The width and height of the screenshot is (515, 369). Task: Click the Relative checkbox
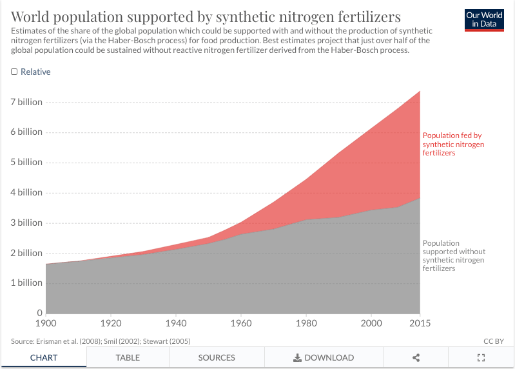pos(14,72)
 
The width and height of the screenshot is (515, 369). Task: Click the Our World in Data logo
pos(484,20)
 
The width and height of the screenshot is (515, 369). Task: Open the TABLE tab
pos(128,357)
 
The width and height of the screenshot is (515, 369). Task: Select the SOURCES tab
pos(217,357)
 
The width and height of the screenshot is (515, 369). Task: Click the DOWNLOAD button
pos(324,357)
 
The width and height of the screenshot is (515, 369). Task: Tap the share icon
pos(416,357)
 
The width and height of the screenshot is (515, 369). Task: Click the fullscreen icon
pos(481,357)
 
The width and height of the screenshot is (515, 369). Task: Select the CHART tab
pos(43,357)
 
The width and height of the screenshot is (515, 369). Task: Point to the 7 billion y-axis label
pos(26,102)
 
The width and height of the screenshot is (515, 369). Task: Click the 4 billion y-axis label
pos(26,192)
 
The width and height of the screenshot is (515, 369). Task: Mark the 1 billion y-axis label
pos(26,283)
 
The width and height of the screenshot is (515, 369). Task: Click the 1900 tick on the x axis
pos(46,323)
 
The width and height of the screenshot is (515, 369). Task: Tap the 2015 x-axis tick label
pos(420,323)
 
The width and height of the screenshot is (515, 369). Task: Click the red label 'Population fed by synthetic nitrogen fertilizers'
pos(453,145)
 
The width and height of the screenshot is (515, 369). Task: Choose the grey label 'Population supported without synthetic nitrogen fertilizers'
pos(454,255)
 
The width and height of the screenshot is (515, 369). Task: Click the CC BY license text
pos(493,341)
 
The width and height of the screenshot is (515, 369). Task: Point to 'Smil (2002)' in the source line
pos(122,341)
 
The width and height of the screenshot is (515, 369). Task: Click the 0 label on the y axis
pos(39,313)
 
